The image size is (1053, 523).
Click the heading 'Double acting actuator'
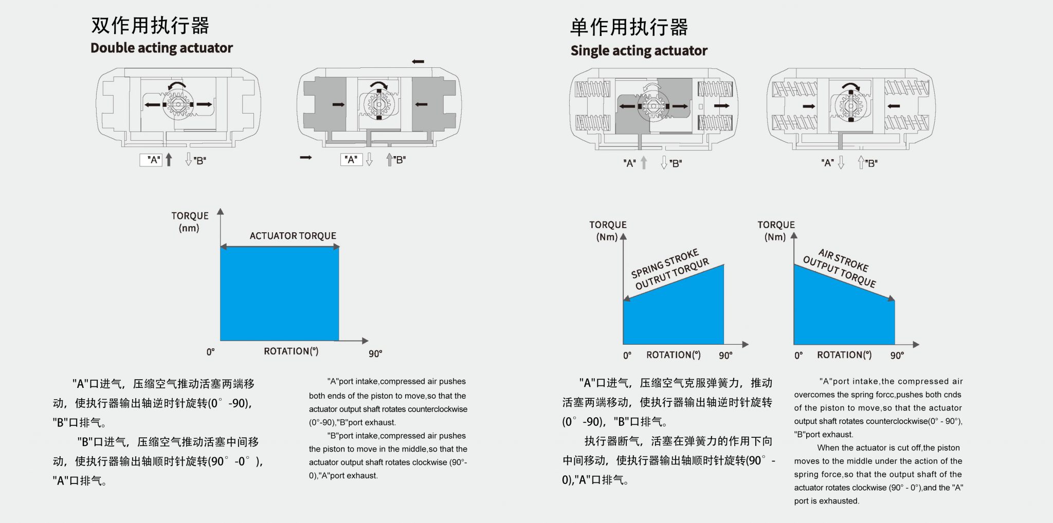[161, 48]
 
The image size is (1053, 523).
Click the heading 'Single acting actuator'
[639, 50]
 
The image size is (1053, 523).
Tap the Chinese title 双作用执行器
[150, 25]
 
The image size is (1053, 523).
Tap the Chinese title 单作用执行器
[628, 27]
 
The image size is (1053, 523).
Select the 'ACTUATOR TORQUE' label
[293, 236]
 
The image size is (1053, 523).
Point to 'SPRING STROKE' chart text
[665, 263]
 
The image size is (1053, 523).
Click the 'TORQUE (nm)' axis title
[190, 221]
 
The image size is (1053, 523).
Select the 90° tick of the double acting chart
[375, 353]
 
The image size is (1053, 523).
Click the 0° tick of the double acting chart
[210, 352]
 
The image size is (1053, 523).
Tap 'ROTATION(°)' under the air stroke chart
[844, 355]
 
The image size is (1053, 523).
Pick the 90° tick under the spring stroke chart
[725, 356]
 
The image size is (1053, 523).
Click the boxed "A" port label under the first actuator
[153, 160]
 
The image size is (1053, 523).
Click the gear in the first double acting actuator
[178, 104]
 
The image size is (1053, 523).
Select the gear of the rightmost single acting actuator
[850, 106]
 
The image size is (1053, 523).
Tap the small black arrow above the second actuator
[418, 62]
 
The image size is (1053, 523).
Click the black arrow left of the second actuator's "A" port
[306, 157]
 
